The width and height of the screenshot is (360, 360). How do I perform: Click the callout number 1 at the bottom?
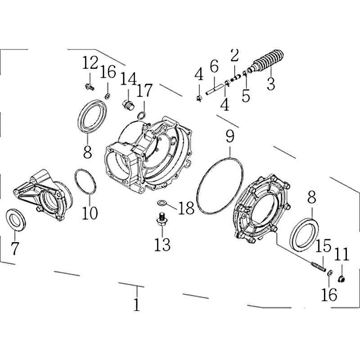(x=137, y=305)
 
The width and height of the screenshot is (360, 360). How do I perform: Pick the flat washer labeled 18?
(x=162, y=203)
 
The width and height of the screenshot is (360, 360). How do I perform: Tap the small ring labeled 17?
(x=142, y=116)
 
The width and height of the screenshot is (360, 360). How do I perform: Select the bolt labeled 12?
(x=89, y=87)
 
